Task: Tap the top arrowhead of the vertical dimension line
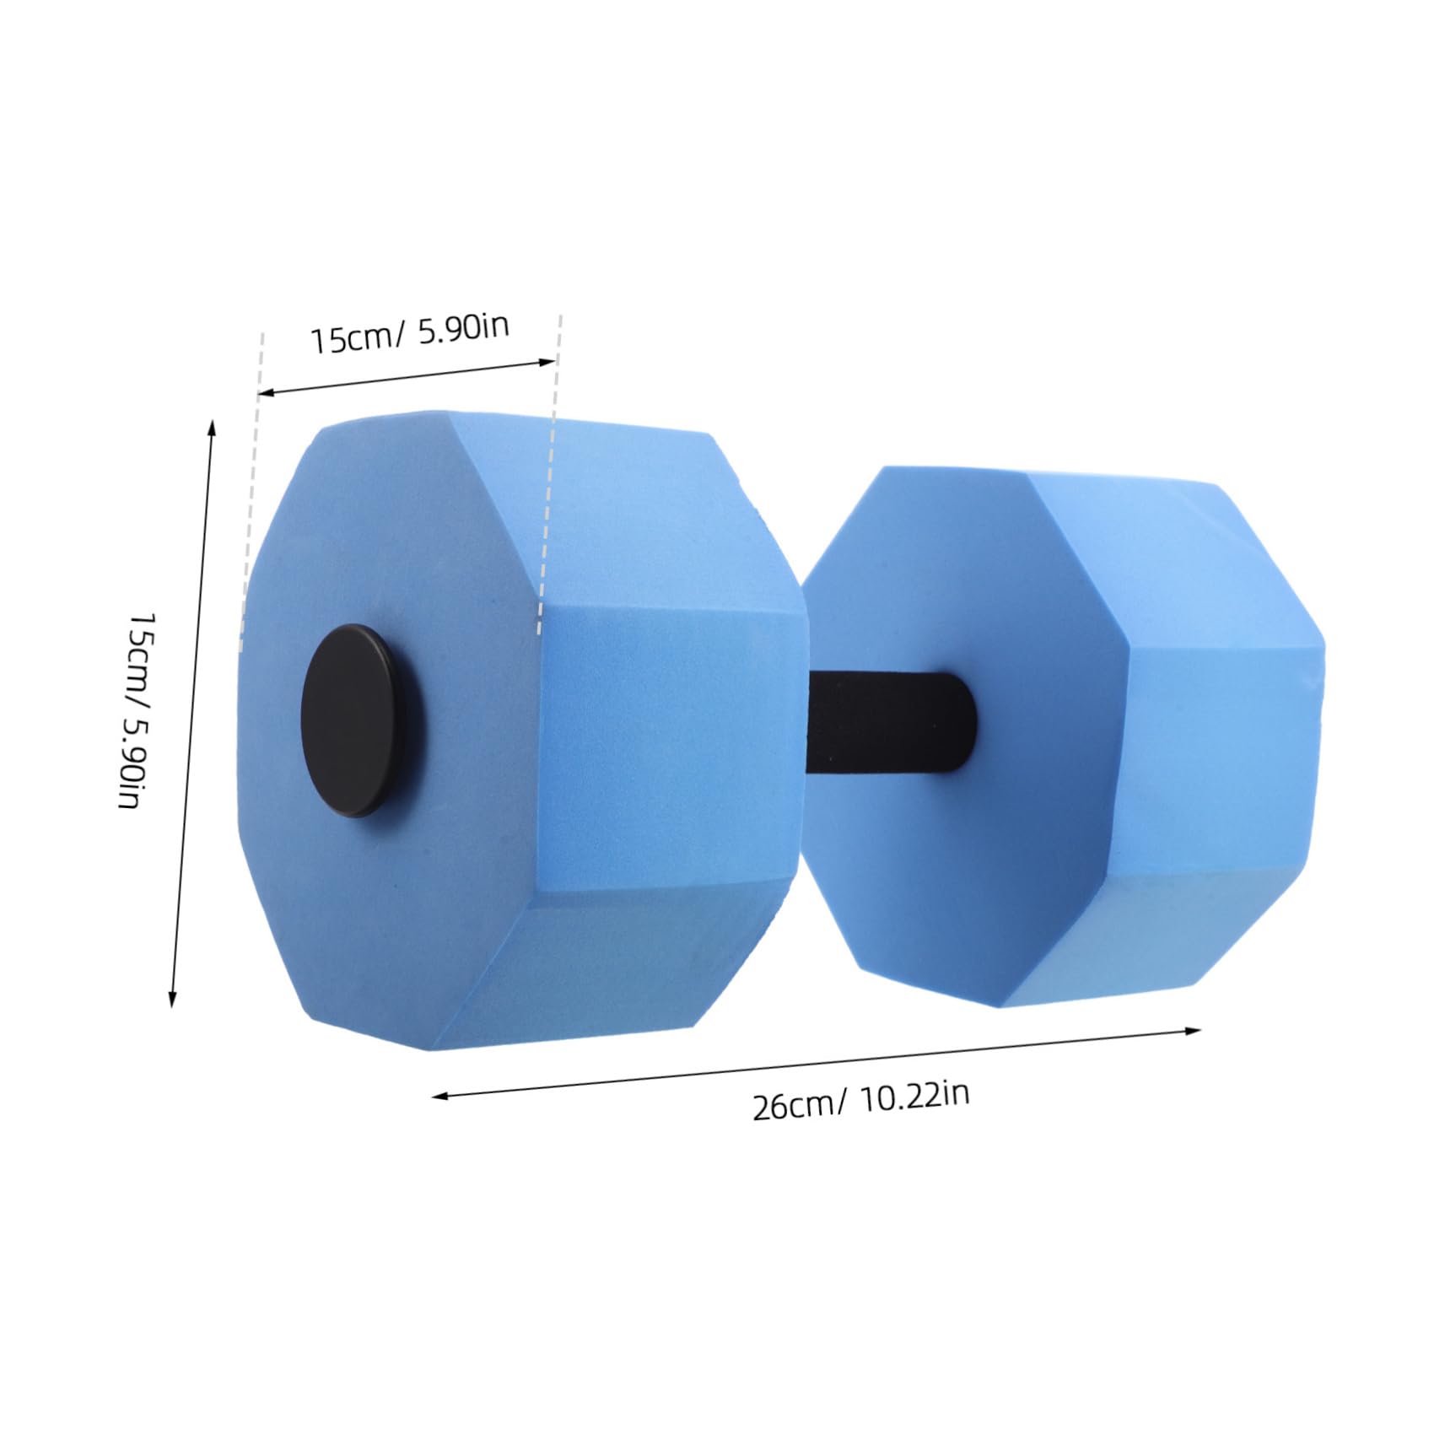[x=212, y=426]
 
